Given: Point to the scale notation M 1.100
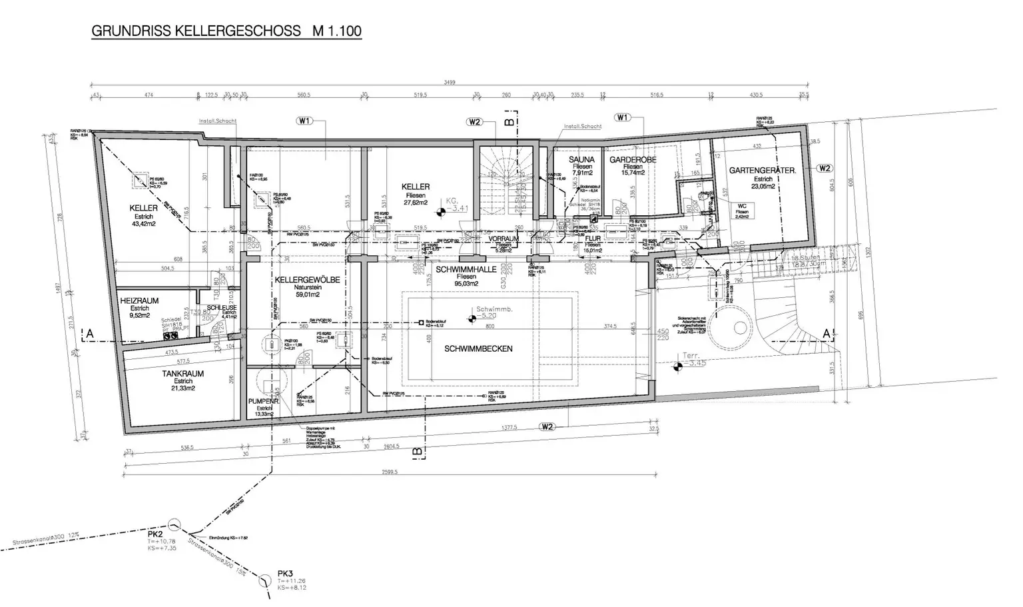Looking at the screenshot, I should pos(332,31).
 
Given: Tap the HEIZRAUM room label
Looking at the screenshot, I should pos(139,301).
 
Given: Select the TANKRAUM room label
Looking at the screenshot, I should pos(183,374).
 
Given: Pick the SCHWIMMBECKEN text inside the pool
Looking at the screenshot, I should pos(479,348).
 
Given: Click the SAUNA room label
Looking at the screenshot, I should pos(581,160).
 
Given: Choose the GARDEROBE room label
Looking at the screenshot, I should pos(633,161).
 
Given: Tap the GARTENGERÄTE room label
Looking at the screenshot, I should pos(763,171).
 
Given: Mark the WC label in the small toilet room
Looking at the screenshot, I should pos(742,207).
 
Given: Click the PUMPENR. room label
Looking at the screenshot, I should pos(262,402).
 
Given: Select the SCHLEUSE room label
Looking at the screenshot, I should pos(222,307).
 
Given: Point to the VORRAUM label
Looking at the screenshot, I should pos(504,239).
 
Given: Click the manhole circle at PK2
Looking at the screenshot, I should pos(174,524).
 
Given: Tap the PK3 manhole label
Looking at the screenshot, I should pos(286,574).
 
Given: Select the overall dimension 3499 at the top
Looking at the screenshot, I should pos(450,83).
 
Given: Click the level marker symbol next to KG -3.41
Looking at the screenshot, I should pos(440,212).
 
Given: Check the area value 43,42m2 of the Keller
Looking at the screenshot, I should pos(144,224).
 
